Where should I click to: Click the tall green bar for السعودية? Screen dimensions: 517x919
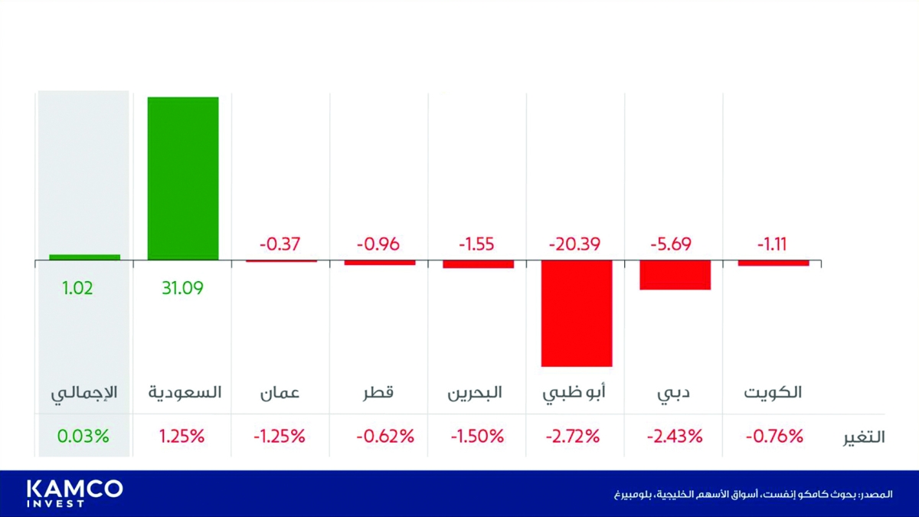coord(183,178)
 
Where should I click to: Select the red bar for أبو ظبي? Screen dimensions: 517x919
coord(577,313)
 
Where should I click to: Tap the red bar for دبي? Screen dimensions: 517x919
coord(675,275)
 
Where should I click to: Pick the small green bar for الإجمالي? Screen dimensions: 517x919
coord(85,257)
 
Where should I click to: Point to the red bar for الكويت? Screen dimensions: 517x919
coord(773,263)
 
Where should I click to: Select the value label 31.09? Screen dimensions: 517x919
coord(182,289)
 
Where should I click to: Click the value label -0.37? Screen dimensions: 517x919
coord(280,245)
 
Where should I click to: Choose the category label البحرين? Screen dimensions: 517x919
coord(475,394)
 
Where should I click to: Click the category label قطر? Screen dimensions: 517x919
coord(378,394)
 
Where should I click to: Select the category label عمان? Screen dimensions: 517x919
coord(280,394)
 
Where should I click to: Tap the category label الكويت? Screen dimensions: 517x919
coord(773,394)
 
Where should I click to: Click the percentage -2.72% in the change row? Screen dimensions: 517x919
coord(574,437)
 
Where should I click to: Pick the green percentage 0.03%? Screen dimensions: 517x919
coord(83,437)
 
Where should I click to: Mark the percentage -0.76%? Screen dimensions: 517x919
coord(774,437)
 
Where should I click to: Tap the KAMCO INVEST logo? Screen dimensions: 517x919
coord(74,493)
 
